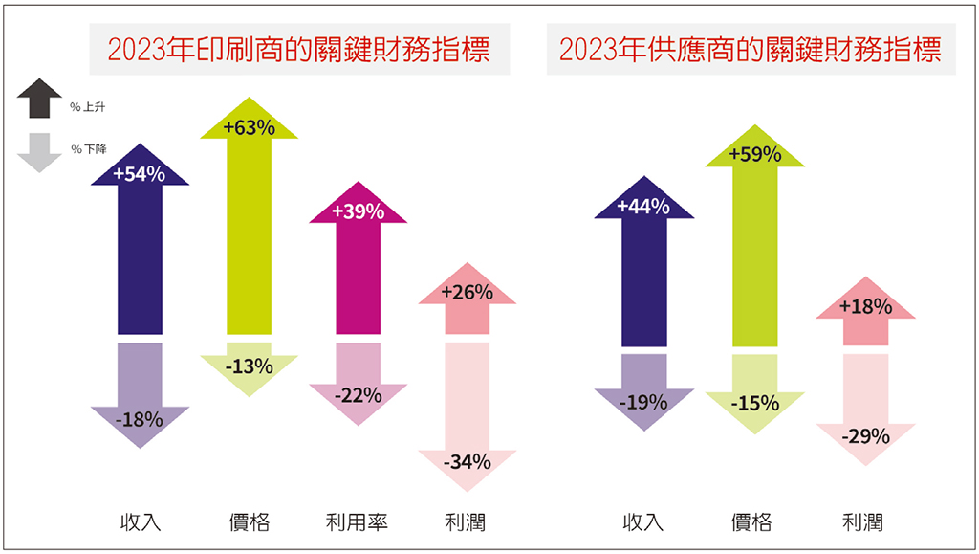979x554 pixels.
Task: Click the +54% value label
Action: [x=140, y=174]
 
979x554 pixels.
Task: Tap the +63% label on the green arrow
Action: [x=249, y=127]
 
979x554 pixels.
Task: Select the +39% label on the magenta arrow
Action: [x=358, y=211]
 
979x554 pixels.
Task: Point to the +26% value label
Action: [x=467, y=292]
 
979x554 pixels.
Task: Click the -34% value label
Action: [x=468, y=462]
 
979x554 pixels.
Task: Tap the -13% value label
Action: [x=249, y=366]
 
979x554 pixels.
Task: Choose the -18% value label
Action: [x=140, y=418]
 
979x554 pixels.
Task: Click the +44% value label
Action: [x=642, y=207]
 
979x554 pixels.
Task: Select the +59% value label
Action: [x=754, y=153]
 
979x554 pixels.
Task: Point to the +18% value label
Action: [x=866, y=307]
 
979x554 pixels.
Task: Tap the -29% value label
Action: [x=866, y=436]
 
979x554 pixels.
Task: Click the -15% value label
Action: [x=754, y=404]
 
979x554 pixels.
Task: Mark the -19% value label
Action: [x=642, y=402]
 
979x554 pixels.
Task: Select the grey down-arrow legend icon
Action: [x=39, y=151]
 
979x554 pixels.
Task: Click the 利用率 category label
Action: [x=357, y=521]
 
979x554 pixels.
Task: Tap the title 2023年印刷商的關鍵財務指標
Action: [x=299, y=50]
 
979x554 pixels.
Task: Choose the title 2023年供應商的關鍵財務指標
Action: [x=751, y=50]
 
